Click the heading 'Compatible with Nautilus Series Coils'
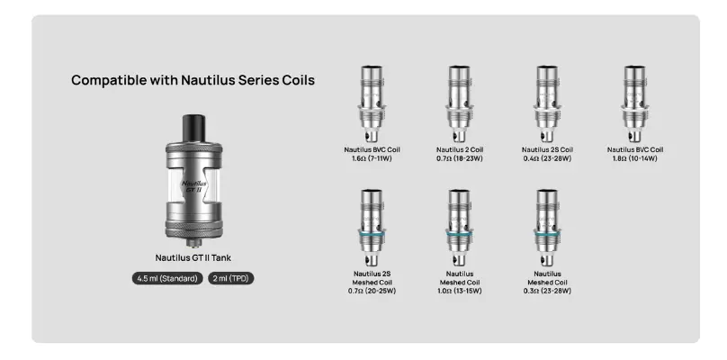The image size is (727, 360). tap(193, 80)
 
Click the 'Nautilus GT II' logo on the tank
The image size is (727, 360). tap(194, 186)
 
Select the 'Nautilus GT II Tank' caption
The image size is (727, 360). tap(193, 258)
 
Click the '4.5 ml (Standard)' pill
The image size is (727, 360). tap(167, 278)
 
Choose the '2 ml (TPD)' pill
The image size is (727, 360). tap(231, 278)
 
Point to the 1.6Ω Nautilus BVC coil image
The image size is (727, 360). tap(372, 103)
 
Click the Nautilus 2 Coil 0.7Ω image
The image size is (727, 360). tap(460, 103)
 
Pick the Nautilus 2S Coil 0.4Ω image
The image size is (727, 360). tap(547, 103)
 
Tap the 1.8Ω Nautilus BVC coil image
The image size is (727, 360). tap(634, 103)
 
